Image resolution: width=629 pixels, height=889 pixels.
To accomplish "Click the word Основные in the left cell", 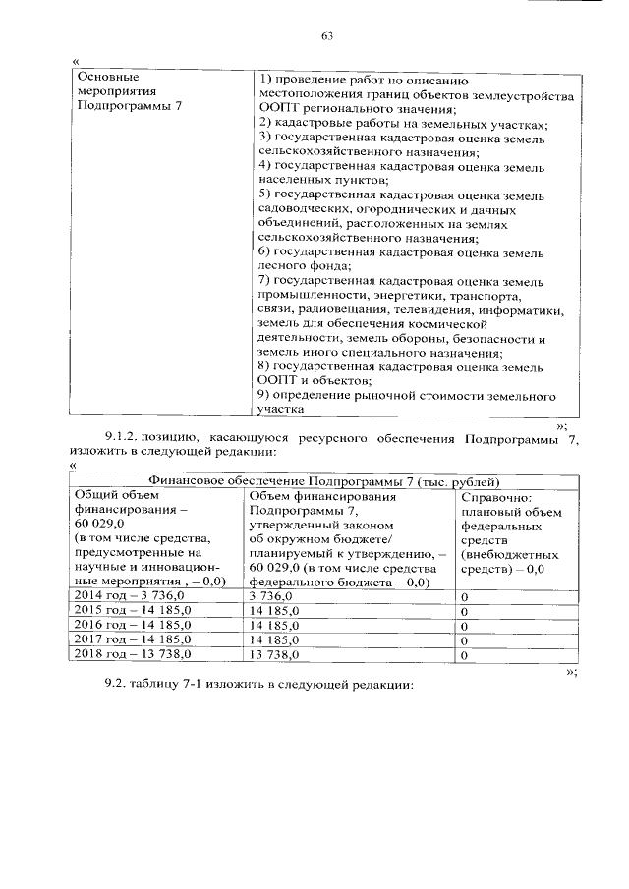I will pyautogui.click(x=104, y=77).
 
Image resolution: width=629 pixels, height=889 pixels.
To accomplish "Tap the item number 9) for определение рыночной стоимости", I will pyautogui.click(x=263, y=395).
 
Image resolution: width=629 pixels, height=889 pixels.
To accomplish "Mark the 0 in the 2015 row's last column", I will pyautogui.click(x=464, y=610).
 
